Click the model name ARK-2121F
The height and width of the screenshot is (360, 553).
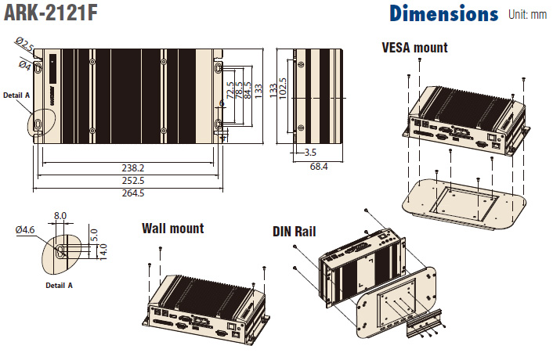[x=49, y=13]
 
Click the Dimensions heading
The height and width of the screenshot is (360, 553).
[x=443, y=13]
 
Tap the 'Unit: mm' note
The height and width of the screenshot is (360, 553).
[x=527, y=14]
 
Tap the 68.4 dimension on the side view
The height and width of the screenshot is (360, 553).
[x=318, y=167]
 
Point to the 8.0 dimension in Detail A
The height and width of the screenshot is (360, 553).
[x=60, y=215]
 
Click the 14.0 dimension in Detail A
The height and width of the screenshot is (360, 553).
[x=103, y=250]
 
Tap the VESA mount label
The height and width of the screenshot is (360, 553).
[x=414, y=48]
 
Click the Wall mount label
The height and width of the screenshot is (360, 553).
[x=172, y=229]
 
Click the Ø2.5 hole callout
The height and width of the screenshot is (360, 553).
[x=24, y=48]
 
